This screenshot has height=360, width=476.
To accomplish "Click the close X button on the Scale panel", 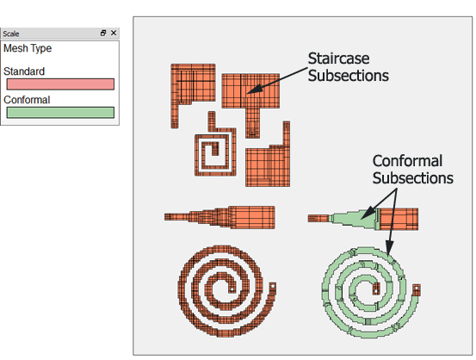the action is coord(114,33).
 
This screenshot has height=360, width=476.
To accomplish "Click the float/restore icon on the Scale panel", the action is coord(103,33).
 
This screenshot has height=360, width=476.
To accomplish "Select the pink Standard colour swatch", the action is coord(60,84).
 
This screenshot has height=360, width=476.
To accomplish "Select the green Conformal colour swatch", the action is coord(60,113).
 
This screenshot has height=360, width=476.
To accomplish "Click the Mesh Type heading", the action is coord(28,48).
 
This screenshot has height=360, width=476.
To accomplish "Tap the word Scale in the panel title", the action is coord(11,34).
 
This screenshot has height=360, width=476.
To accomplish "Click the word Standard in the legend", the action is coord(24,71).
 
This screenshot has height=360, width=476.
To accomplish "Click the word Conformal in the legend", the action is coord(27,100).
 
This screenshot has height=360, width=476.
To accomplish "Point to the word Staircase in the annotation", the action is coord(338,59).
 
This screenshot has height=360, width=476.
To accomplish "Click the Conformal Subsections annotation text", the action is coord(413,169).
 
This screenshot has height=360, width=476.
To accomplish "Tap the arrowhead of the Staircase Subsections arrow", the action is coord(254,89).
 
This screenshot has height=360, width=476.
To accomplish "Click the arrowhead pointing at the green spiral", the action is coord(389,247).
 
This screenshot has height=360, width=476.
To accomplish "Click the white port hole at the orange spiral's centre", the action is coord(232,289).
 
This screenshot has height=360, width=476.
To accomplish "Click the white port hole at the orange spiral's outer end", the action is coord(272,286).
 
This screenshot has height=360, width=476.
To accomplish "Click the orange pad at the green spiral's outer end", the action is coord(417,290).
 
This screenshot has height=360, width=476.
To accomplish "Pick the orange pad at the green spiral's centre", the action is coord(376,289).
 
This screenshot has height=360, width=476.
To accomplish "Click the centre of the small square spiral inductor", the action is coord(215,150).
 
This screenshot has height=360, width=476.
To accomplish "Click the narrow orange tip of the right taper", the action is coord(318,219).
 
